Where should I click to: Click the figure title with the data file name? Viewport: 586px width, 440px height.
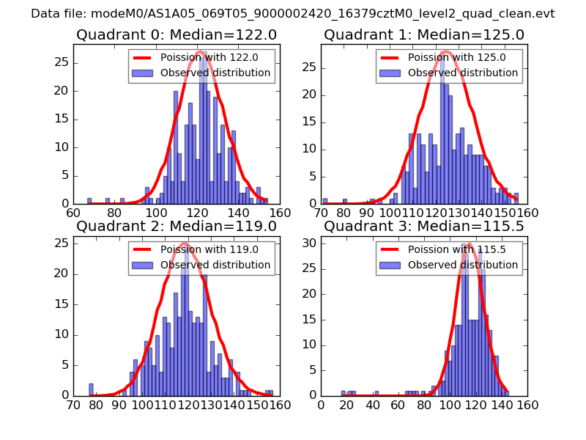click(292, 14)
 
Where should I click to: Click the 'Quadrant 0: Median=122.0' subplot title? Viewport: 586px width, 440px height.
click(176, 34)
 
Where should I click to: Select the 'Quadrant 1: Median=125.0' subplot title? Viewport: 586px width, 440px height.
click(423, 34)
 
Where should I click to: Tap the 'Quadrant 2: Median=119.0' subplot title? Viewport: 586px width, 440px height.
click(176, 226)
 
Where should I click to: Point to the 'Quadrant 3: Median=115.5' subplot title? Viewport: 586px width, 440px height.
click(423, 226)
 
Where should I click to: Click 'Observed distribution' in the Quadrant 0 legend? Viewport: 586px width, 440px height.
click(215, 73)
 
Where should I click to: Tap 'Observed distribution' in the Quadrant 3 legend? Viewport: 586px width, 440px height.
click(463, 264)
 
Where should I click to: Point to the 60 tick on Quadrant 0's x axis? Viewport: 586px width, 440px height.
click(73, 213)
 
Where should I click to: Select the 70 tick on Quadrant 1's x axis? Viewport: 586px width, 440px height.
click(321, 213)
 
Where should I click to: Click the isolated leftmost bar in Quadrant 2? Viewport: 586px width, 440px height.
click(91, 389)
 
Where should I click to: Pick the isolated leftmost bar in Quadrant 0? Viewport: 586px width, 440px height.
click(89, 201)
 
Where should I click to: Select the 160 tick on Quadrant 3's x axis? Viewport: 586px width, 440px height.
click(527, 404)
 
